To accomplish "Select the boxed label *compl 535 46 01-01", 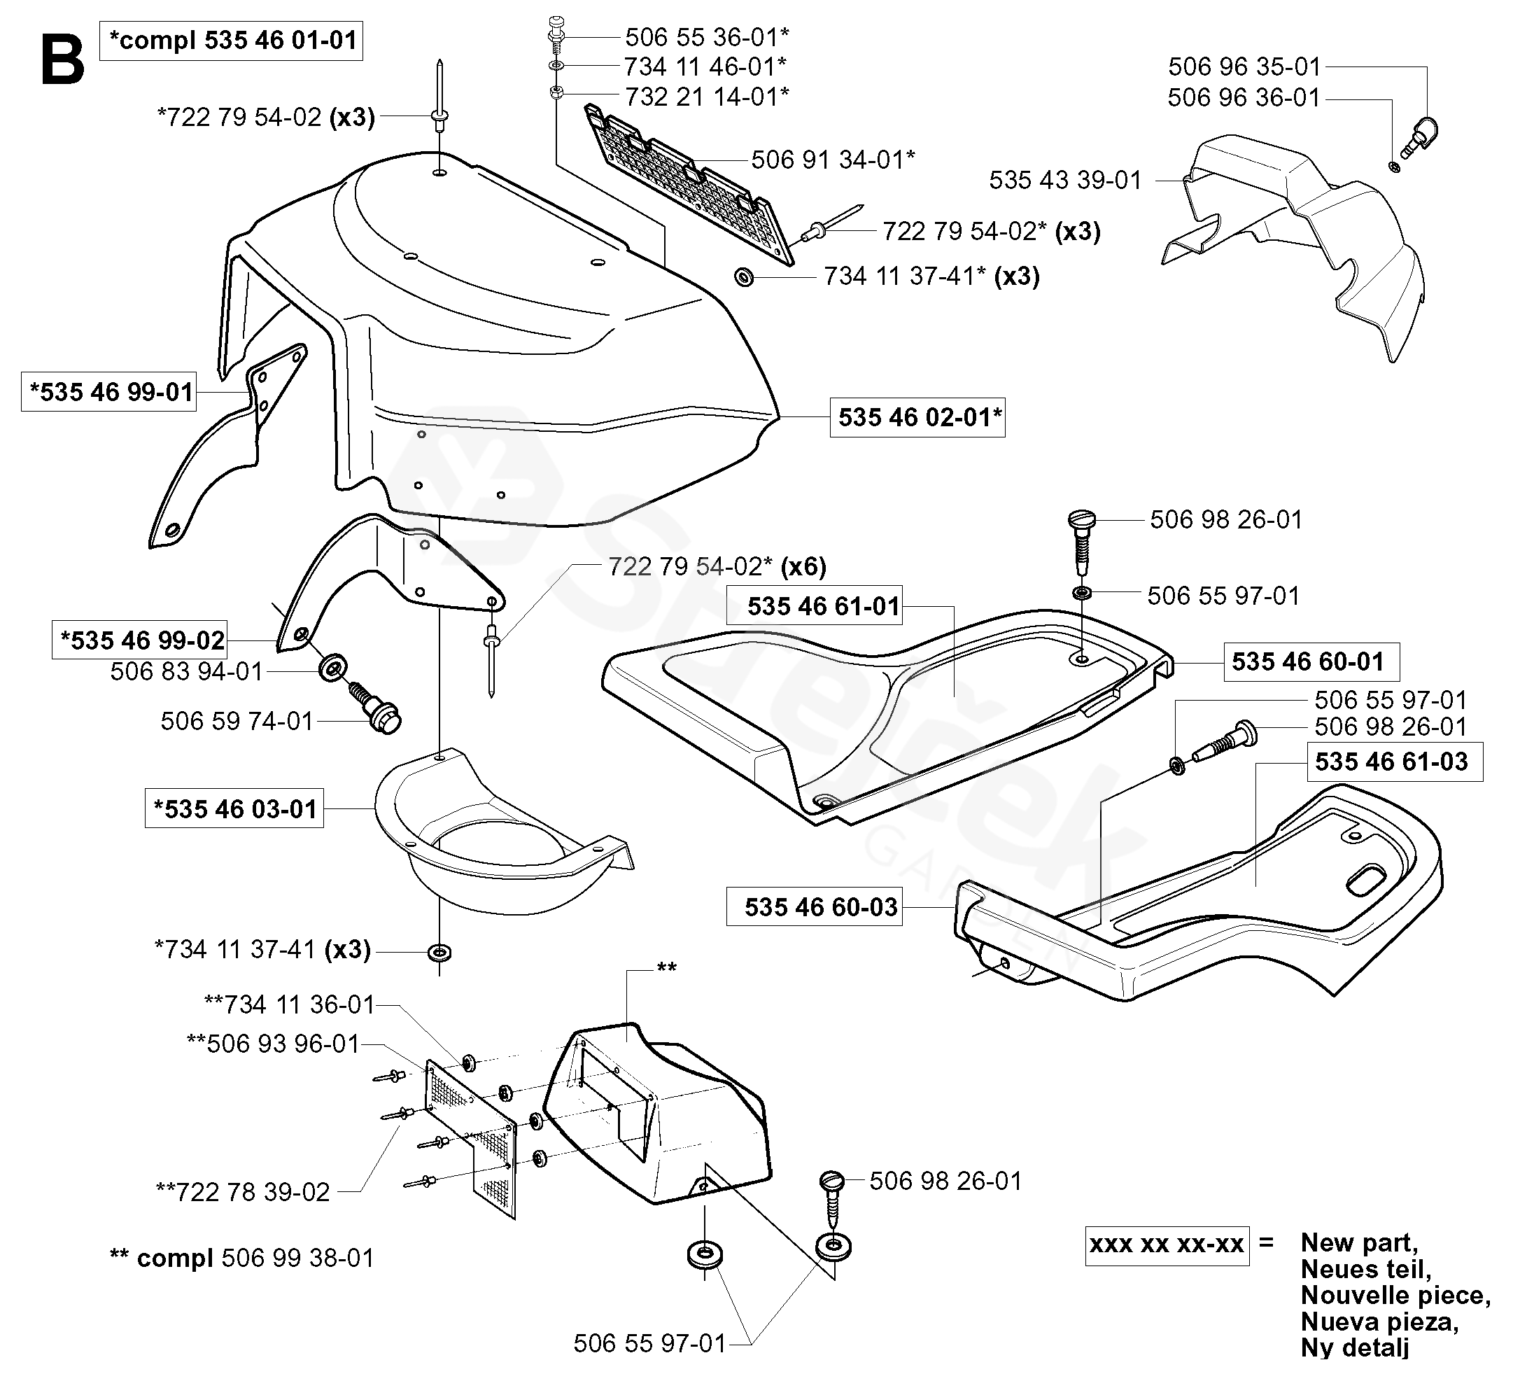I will pos(232,40).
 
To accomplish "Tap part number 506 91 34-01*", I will pos(833,160).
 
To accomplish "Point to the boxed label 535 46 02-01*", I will pos(917,417).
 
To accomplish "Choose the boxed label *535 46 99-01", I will pos(108,391).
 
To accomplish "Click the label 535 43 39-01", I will pos(1065,181).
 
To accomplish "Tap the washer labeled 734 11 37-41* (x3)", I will pos(744,277).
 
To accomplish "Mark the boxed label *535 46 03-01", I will pos(234,809).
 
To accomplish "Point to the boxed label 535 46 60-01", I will pos(1311,661).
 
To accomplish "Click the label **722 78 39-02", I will pos(243,1191).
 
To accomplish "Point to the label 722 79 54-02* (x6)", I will pos(717,566).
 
